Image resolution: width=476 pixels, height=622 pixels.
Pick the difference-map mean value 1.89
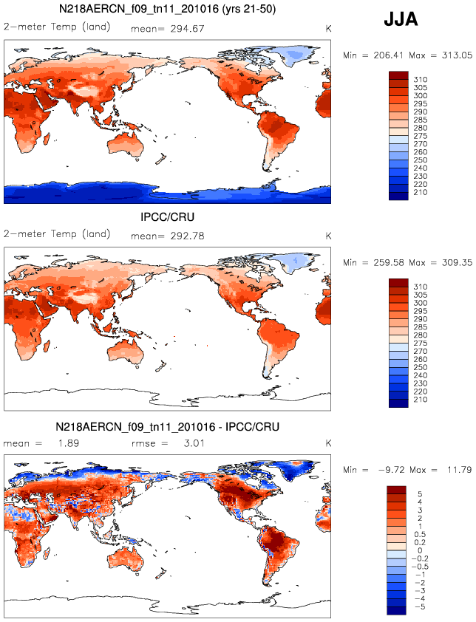click(x=66, y=443)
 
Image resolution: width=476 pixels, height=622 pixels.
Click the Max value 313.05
click(x=456, y=55)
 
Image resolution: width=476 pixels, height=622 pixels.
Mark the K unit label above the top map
click(x=328, y=28)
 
